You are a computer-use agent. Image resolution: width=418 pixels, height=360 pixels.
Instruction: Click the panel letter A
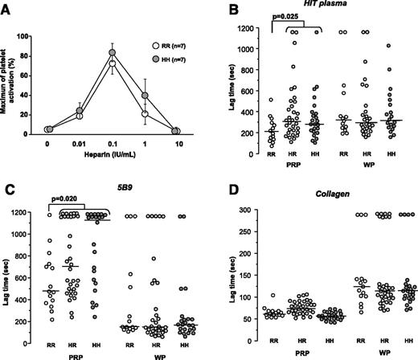point(7,8)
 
